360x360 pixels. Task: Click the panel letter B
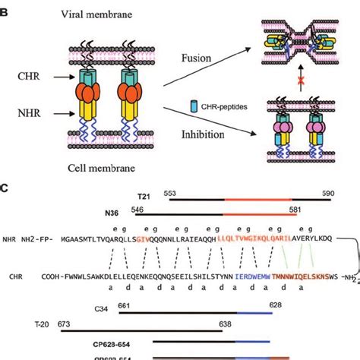(6, 7)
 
